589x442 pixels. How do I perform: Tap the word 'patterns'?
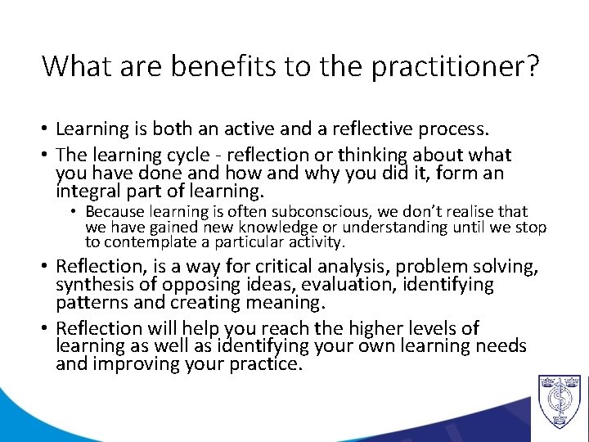click(x=88, y=304)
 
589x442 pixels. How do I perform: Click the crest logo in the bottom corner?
click(x=559, y=400)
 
